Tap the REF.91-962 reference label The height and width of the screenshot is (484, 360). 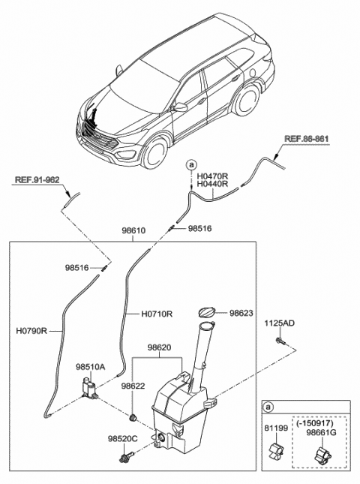37,180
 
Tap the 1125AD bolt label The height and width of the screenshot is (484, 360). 278,323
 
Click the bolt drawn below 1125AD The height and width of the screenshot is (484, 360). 280,341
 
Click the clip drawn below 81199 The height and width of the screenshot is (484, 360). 274,450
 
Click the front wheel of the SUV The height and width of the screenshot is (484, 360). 156,152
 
